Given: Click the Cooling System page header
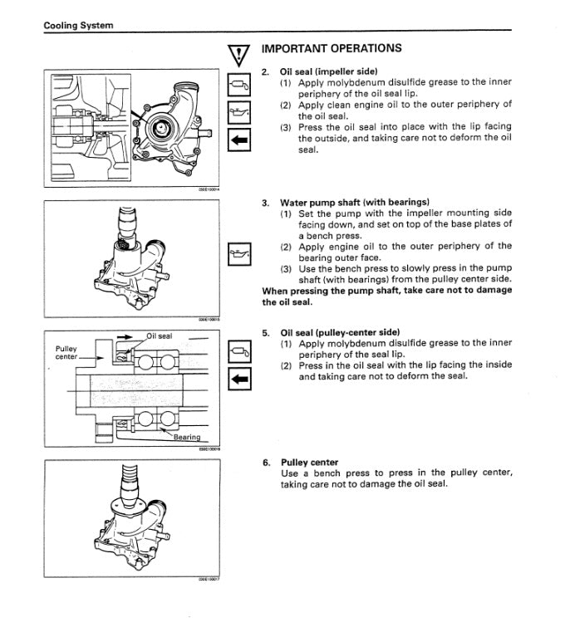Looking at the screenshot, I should click(78, 26).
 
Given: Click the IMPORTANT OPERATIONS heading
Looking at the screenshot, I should click(331, 48).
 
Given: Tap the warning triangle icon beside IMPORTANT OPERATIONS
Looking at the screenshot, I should click(239, 55).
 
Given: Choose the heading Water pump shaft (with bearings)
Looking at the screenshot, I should click(354, 202).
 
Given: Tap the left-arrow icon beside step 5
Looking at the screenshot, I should click(239, 380).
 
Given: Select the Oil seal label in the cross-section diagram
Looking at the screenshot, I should click(160, 336).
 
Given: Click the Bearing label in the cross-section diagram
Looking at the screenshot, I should click(186, 437).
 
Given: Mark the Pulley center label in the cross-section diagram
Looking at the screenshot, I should click(66, 353).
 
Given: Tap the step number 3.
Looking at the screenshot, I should click(265, 202).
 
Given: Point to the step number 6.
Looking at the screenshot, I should click(265, 462).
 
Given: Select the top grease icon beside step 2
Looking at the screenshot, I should click(239, 83).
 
